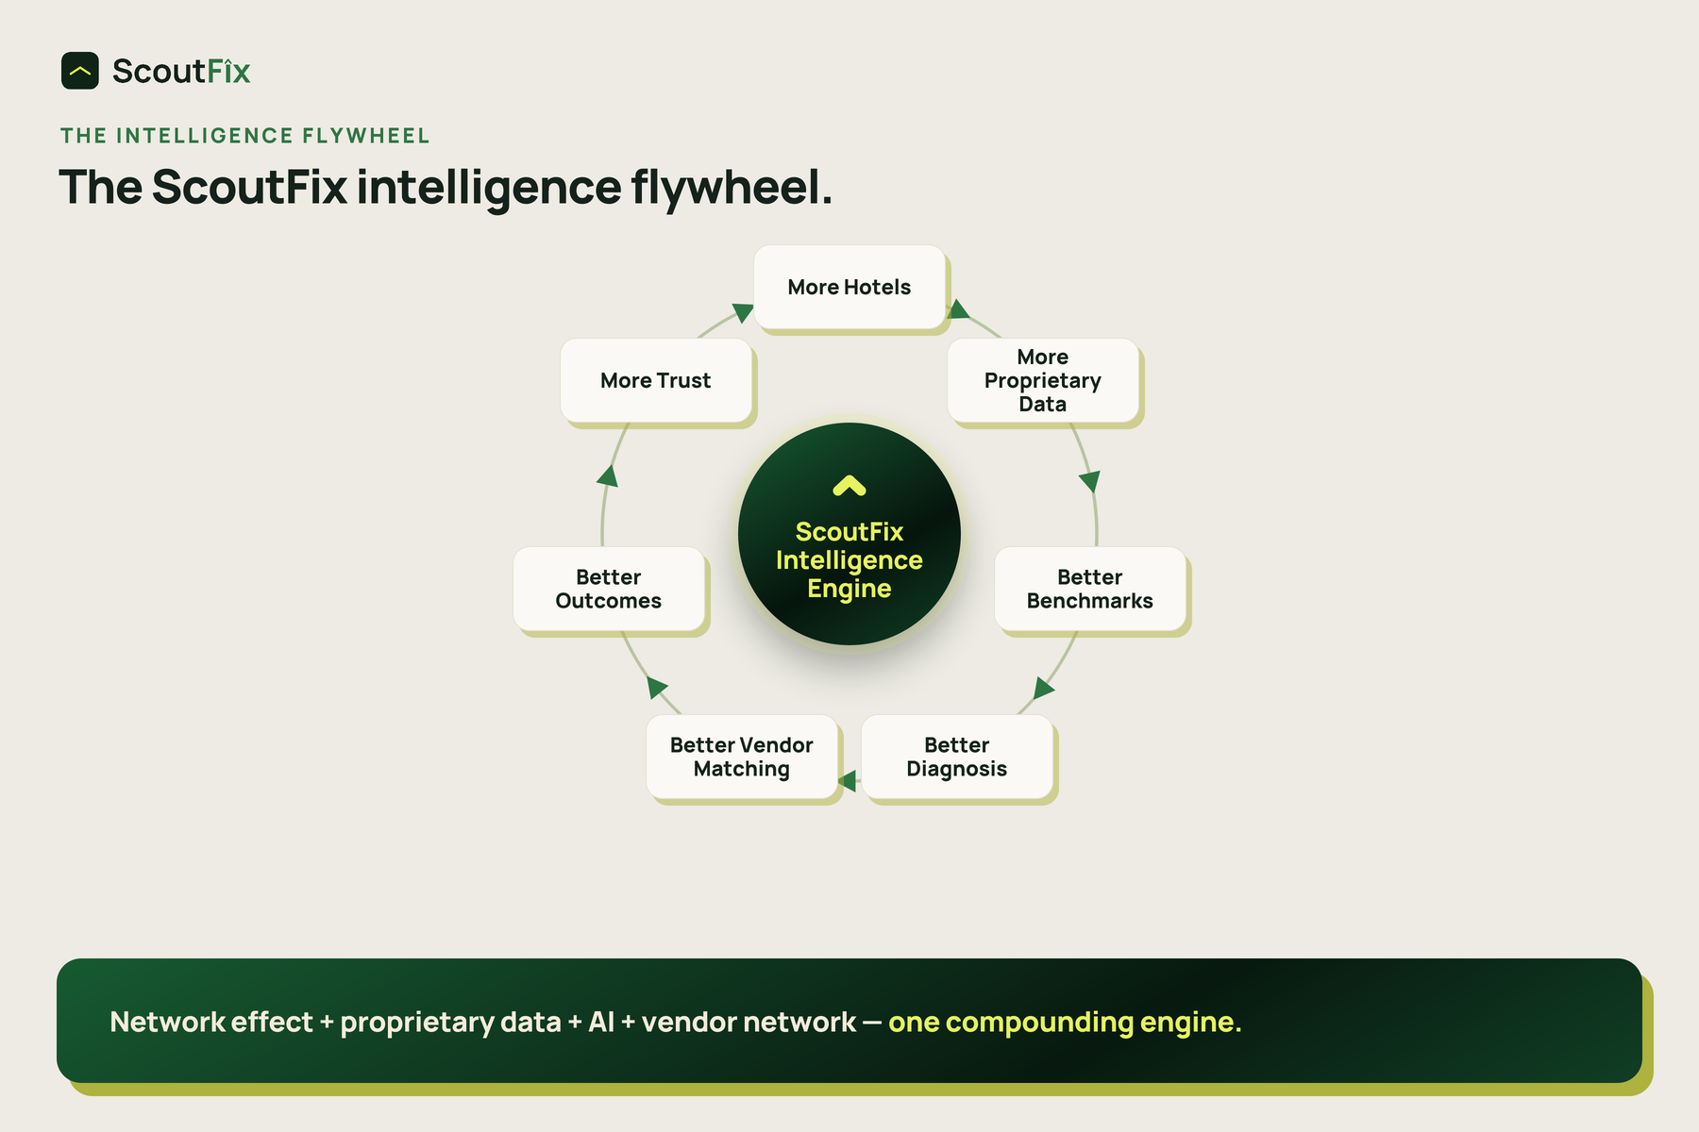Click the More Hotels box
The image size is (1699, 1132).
click(849, 287)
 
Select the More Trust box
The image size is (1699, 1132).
click(656, 380)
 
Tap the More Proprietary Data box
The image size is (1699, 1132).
click(1043, 380)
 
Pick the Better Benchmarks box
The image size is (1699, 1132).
click(1090, 589)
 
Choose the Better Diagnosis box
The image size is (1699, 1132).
click(957, 757)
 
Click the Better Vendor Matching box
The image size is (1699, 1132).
click(742, 757)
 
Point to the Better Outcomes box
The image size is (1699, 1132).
click(609, 589)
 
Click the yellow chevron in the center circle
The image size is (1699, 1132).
click(849, 485)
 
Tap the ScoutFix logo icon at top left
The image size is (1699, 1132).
click(80, 71)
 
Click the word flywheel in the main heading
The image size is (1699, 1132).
click(732, 187)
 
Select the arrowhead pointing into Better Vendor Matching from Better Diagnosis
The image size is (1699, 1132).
click(847, 781)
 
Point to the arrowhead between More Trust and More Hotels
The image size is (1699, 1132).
click(743, 313)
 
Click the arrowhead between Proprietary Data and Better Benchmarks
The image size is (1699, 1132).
click(1089, 482)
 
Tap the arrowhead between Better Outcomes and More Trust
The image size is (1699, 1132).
click(608, 475)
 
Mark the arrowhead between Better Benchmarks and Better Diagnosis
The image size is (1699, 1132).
click(1043, 688)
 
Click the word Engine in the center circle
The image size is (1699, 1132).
click(849, 589)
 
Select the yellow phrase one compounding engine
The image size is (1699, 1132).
click(1065, 1022)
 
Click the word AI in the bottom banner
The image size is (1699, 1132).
click(601, 1022)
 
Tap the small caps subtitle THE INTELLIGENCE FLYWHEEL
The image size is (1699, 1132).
click(245, 136)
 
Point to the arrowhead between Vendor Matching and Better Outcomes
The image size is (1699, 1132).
click(657, 687)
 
